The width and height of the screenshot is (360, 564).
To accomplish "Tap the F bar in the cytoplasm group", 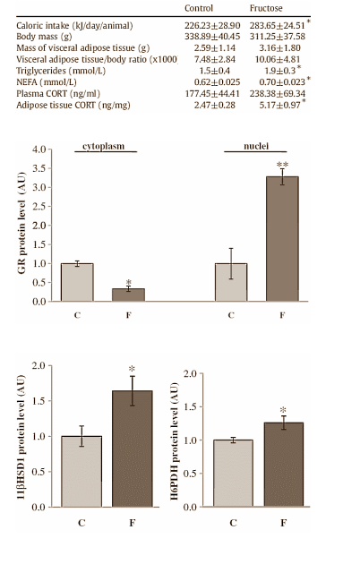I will (x=128, y=295).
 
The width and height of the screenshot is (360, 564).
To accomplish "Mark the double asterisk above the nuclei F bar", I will (x=282, y=166).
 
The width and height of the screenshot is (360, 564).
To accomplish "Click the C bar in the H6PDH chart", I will (x=232, y=474).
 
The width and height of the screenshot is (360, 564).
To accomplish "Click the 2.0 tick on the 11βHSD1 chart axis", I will (x=39, y=366).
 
